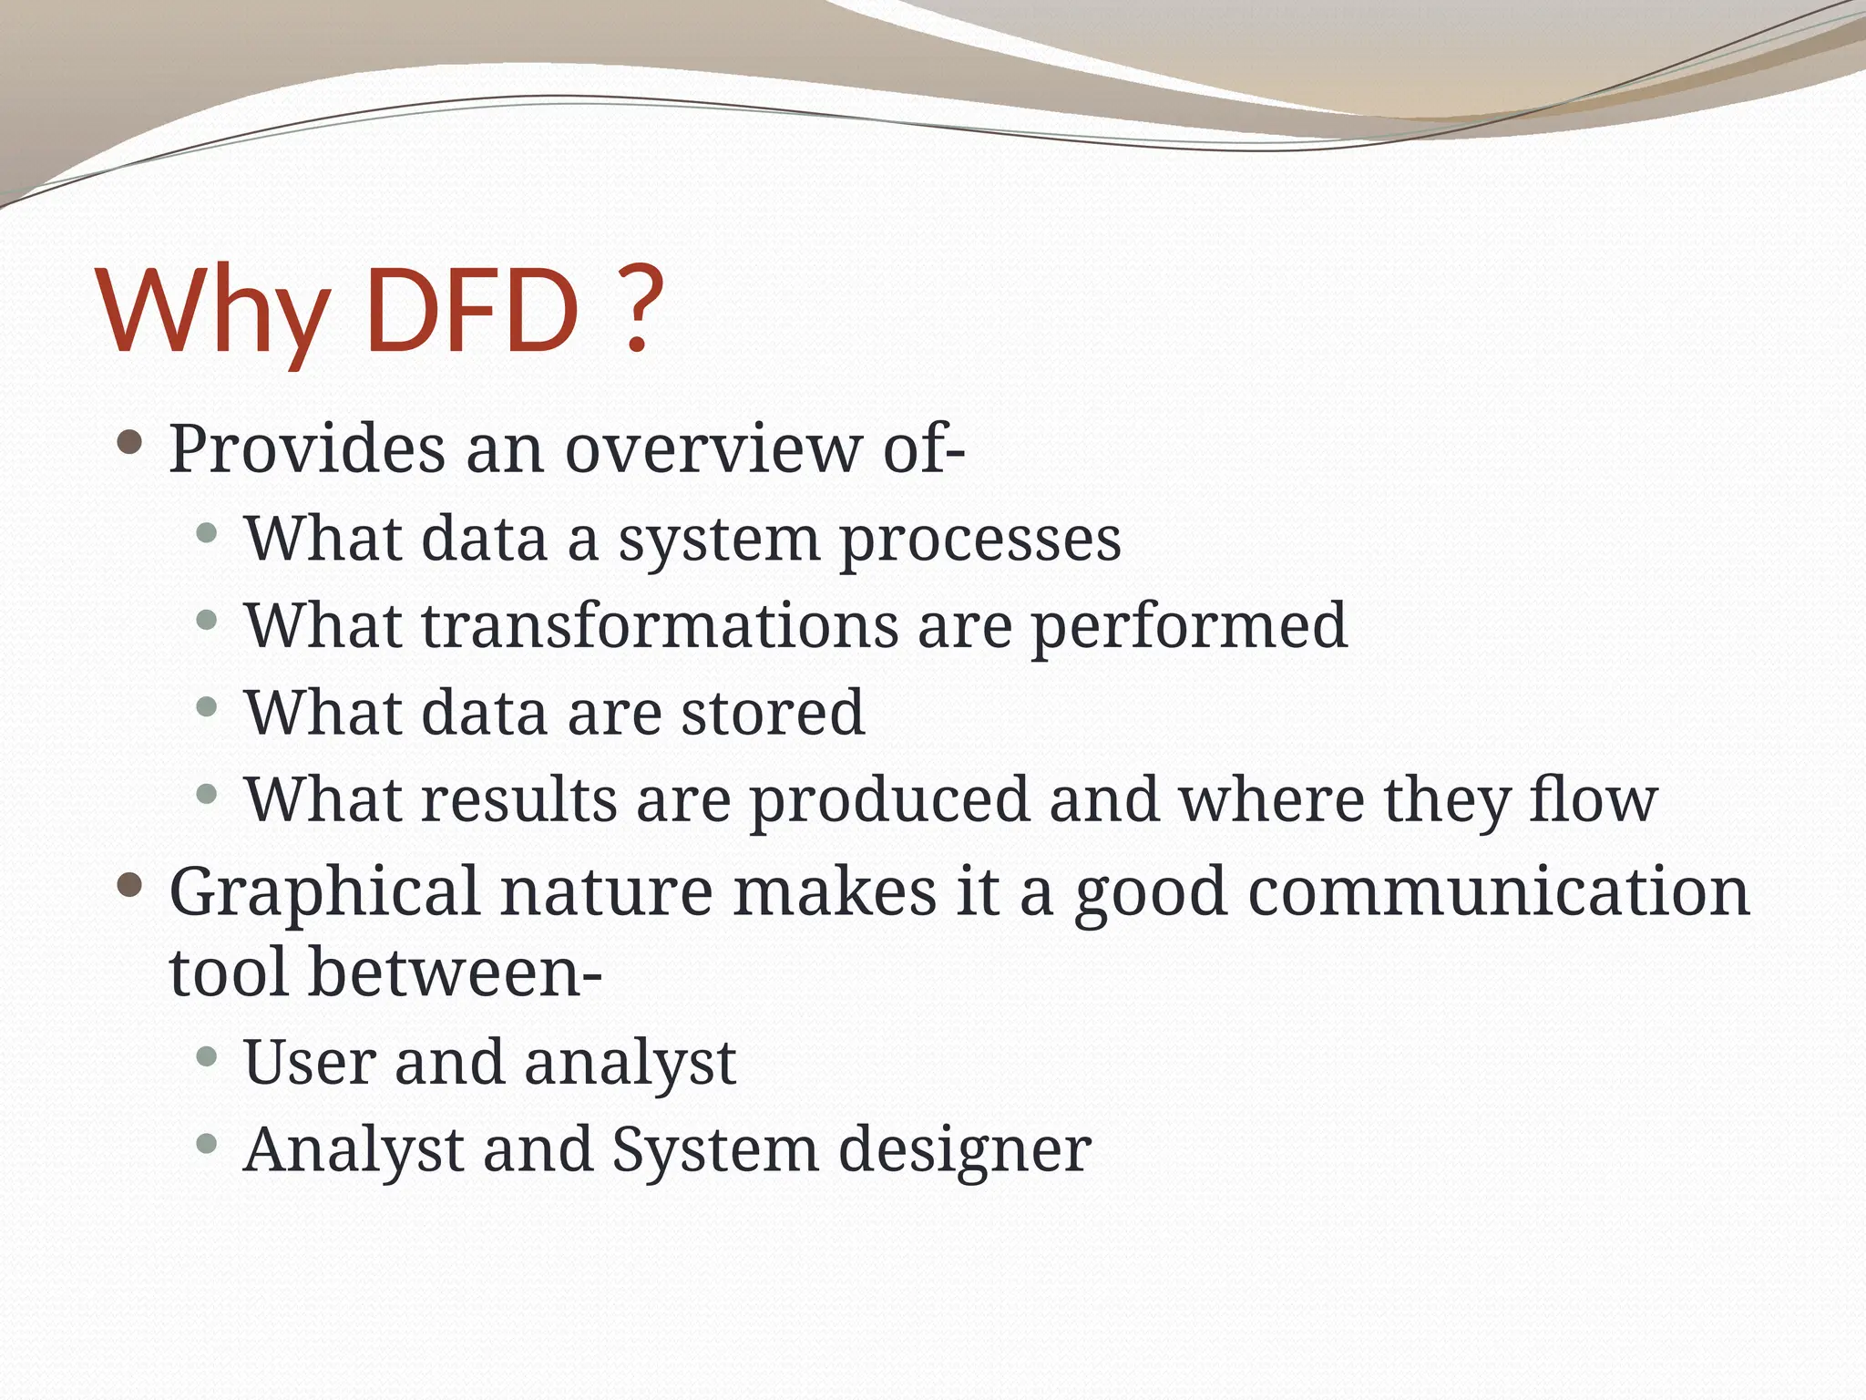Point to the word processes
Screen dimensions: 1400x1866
(979, 540)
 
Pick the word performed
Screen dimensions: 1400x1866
(1188, 627)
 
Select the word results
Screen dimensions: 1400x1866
(519, 798)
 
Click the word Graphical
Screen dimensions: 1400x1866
(323, 893)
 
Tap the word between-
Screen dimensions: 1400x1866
(455, 972)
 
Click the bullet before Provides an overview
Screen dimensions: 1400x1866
(130, 444)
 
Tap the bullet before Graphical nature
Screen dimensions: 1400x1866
(130, 884)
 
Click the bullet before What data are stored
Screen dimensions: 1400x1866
(207, 706)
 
